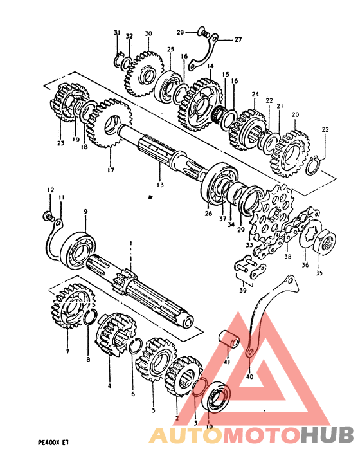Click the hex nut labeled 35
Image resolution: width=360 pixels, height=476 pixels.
[x=324, y=241]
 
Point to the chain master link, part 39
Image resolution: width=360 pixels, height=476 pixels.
[x=250, y=266]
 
